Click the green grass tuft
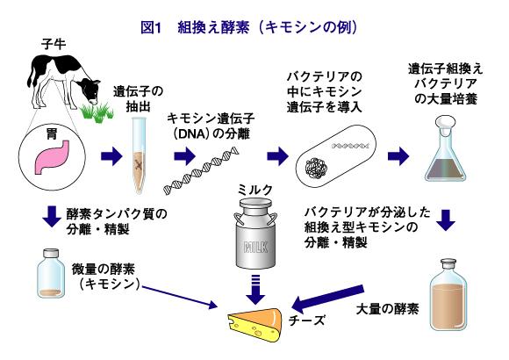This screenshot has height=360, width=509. tap(97, 112)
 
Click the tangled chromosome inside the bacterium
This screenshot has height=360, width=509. tap(316, 168)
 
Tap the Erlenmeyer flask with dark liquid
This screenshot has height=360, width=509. tap(446, 148)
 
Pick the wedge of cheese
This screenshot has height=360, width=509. tap(255, 325)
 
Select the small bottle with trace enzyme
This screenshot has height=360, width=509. tap(51, 273)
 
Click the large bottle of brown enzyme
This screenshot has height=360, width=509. tap(448, 294)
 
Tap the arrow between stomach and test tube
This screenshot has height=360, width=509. tap(111, 156)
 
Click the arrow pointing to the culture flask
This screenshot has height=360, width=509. tap(398, 156)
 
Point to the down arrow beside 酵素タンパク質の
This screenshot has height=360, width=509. tap(52, 216)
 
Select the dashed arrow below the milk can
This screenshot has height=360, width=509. tap(255, 290)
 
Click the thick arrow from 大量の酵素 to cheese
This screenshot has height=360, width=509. tap(327, 299)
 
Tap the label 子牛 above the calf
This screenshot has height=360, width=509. tap(54, 44)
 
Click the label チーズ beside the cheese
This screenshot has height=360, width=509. tap(307, 320)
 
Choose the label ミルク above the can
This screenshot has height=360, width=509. tap(255, 190)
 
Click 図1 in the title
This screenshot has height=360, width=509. tap(151, 27)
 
